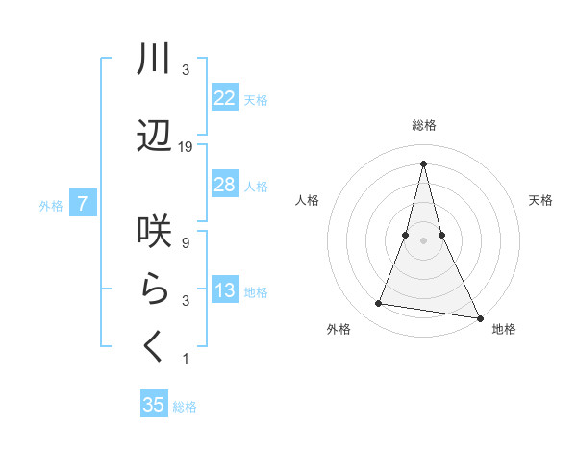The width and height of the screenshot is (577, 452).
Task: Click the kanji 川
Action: coord(155,60)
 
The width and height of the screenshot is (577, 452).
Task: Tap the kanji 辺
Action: coord(155,137)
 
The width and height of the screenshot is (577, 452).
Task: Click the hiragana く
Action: coord(155,347)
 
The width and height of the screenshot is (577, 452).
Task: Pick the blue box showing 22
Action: coord(224,98)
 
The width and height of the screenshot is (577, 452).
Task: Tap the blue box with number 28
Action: coord(224,185)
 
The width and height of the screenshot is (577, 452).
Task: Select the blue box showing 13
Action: coord(224,290)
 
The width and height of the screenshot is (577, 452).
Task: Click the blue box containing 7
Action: coord(84,204)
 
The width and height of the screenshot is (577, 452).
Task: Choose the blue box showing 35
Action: coord(154,405)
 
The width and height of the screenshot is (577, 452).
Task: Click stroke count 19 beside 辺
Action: coord(186,147)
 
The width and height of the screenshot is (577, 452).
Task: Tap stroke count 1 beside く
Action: coord(185,359)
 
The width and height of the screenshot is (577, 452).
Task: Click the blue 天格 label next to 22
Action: coord(256,99)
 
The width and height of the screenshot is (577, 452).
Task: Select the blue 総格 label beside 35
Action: coord(185,407)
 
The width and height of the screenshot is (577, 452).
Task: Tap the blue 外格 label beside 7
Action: coord(51,205)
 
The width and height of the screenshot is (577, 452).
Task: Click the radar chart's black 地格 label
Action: coord(504,329)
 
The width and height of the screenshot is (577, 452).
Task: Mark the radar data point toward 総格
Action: coord(423,163)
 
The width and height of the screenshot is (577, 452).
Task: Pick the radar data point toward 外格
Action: coord(379,304)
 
